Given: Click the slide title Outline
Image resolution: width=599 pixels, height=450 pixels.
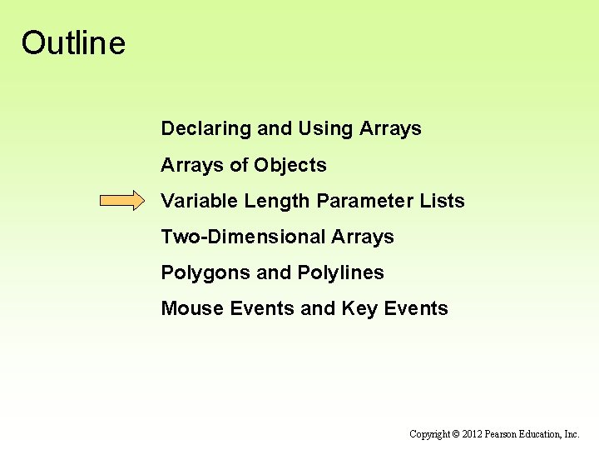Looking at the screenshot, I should click(73, 42).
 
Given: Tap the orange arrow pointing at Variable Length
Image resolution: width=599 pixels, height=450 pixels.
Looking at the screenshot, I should click(122, 201).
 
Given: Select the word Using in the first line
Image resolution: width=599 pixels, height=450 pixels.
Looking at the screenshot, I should click(325, 129).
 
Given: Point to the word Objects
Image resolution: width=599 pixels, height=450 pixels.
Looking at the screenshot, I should click(290, 165).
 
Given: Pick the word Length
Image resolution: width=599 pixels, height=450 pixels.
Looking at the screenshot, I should click(271, 201).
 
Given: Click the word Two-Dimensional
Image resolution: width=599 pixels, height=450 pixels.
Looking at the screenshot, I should click(243, 237).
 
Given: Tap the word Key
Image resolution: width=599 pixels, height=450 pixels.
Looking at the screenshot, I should click(360, 308).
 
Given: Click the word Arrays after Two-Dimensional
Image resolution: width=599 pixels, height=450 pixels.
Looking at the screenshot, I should click(363, 237).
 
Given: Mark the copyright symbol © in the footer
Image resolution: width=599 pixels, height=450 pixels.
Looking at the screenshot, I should click(457, 434).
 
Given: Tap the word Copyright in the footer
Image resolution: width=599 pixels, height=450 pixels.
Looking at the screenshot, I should click(430, 434).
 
